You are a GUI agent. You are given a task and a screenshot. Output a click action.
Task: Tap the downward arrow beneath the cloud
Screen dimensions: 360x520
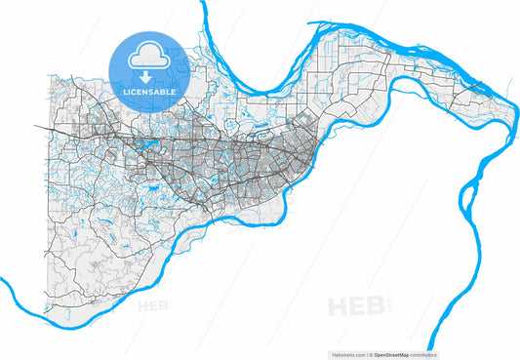tap(147, 75)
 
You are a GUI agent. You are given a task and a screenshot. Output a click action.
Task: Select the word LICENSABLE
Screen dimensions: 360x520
tap(147, 92)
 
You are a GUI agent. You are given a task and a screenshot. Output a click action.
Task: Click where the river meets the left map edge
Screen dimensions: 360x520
tap(3, 282)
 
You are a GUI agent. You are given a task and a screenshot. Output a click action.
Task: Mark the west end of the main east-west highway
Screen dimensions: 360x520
tap(36, 126)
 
